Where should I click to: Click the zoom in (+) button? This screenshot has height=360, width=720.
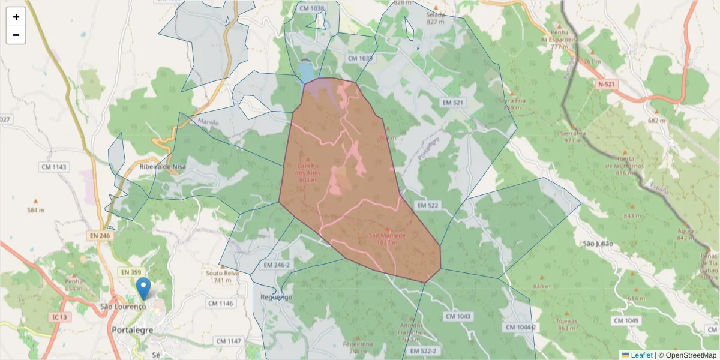16,17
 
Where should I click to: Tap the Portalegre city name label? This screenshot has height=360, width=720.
133,329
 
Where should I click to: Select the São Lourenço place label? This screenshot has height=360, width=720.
123,307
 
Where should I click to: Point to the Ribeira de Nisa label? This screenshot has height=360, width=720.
163,167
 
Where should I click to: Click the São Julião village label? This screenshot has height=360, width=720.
598,244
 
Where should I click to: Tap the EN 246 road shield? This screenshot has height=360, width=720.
98,236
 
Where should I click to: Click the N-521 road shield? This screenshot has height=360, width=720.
607,85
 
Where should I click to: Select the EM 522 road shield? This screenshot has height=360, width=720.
428,205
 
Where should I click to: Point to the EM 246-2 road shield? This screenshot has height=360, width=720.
277,265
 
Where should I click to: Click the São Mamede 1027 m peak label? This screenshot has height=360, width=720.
387,238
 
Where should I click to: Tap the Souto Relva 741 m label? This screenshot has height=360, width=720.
223,277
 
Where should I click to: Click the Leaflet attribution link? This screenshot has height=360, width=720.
641,355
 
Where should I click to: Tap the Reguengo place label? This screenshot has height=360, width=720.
277,297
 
